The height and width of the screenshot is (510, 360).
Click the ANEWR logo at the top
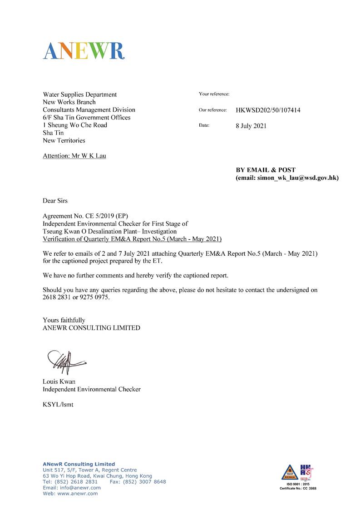84,50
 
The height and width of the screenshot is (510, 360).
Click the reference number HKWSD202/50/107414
268,110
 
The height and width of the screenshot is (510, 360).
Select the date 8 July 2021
251,126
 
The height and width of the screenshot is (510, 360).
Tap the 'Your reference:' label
214,94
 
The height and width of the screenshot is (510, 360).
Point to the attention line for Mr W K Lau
74,156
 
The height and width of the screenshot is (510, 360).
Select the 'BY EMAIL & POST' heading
266,170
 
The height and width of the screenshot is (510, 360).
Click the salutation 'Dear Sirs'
55,200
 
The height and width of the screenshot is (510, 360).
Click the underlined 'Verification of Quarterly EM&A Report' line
132,239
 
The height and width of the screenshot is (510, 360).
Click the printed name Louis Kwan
59,381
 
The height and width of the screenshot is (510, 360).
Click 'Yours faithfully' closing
64,320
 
